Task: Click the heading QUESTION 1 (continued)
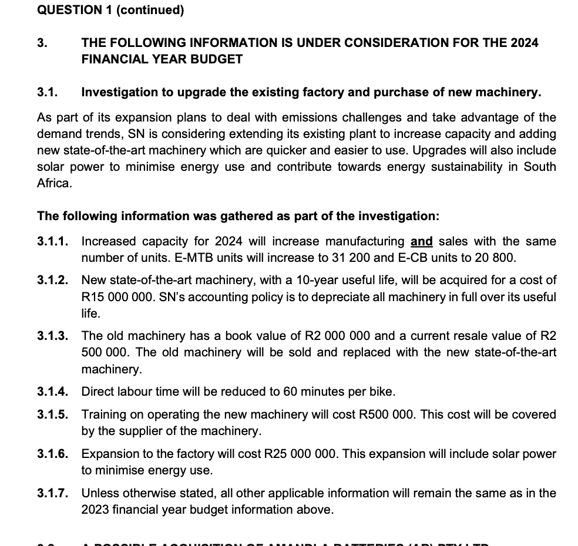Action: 110,10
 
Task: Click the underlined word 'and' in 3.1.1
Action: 421,241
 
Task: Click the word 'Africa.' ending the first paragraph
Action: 54,183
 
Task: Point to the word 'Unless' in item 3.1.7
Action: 98,493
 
